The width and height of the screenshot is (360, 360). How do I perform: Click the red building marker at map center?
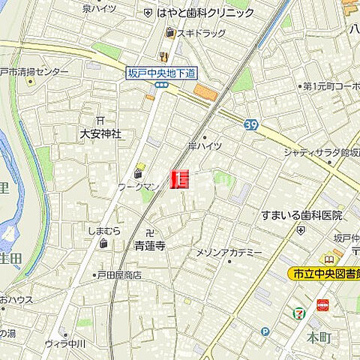(x=180, y=179)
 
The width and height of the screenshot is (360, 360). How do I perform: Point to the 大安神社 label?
(x=100, y=134)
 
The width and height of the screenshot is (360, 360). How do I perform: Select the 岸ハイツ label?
(x=205, y=146)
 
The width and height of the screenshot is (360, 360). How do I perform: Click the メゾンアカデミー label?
(x=229, y=253)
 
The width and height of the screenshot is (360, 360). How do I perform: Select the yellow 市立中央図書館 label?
(x=323, y=275)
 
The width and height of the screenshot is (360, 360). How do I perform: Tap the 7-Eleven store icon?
(x=299, y=311)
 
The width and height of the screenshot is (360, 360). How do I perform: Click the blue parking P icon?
(x=265, y=331)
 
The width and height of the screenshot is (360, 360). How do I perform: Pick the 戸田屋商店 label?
(x=118, y=275)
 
